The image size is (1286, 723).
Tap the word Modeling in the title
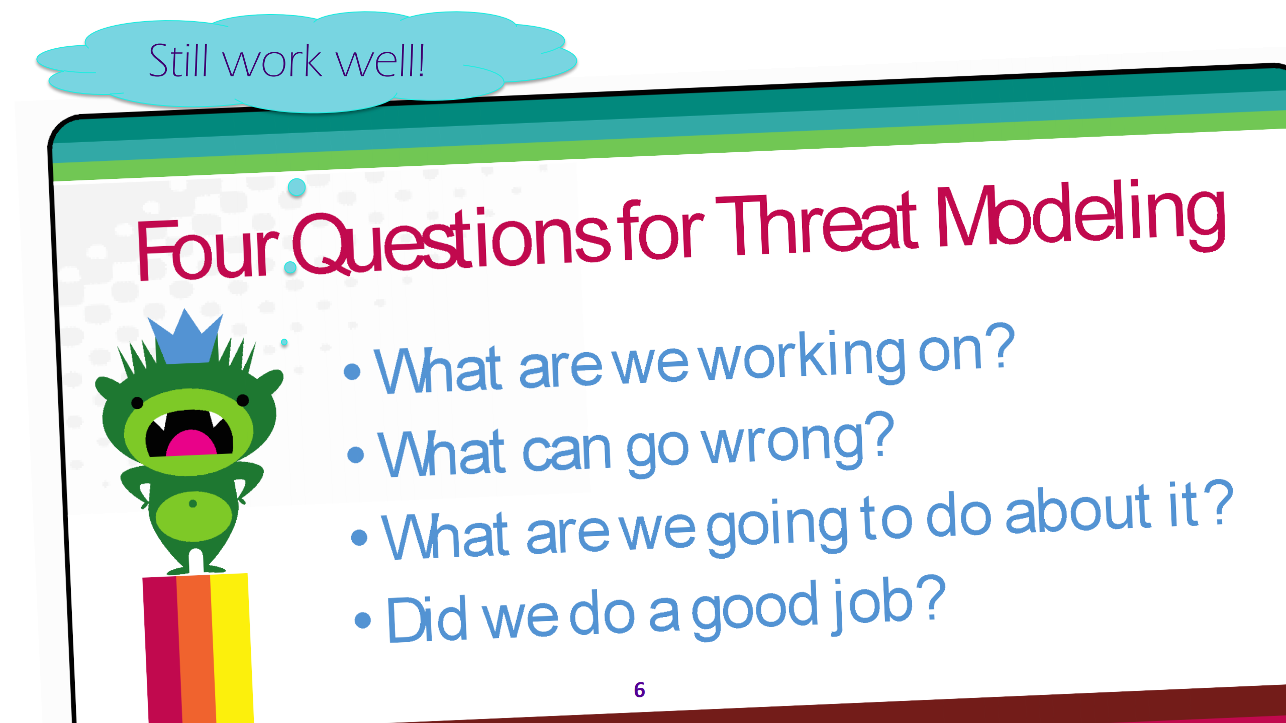[1080, 216]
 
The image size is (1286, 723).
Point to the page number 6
[639, 690]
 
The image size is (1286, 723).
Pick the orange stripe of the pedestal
[197, 648]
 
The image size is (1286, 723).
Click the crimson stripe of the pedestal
[162, 648]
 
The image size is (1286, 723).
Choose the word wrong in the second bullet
[789, 442]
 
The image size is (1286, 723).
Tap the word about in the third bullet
[1078, 512]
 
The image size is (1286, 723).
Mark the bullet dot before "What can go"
[355, 454]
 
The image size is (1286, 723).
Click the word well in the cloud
[379, 61]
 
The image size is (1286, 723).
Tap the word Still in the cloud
[178, 61]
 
